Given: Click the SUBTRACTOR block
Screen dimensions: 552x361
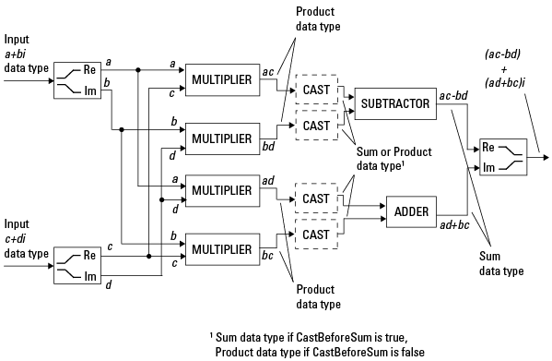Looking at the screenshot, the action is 395,103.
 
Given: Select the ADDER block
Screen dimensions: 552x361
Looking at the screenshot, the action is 411,211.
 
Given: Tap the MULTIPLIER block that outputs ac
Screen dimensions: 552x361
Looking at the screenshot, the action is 222,80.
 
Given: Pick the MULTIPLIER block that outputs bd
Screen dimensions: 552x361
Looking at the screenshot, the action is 222,138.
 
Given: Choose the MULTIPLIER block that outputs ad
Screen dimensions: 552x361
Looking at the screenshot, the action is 222,190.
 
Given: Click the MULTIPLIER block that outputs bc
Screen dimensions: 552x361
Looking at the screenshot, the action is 222,249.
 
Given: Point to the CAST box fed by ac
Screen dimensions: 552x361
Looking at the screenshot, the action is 316,90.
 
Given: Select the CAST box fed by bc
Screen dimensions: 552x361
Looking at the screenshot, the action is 316,235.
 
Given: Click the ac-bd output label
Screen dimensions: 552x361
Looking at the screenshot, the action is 453,95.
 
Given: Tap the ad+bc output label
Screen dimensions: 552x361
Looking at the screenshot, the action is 454,225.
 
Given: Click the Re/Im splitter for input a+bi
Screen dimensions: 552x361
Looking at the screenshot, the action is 77,80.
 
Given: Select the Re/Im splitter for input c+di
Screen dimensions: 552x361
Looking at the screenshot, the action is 77,266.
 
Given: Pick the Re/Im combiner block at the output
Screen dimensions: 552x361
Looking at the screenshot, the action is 503,157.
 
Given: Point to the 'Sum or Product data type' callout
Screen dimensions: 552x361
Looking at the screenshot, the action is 393,159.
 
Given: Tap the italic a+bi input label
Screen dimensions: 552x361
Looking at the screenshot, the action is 15,54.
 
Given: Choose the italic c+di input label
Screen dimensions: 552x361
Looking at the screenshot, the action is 16,239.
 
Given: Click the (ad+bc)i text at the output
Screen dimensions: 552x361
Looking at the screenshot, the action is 505,83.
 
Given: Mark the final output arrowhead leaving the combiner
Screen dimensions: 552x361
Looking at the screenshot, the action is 546,157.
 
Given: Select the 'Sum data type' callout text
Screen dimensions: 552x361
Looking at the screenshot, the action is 501,263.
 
